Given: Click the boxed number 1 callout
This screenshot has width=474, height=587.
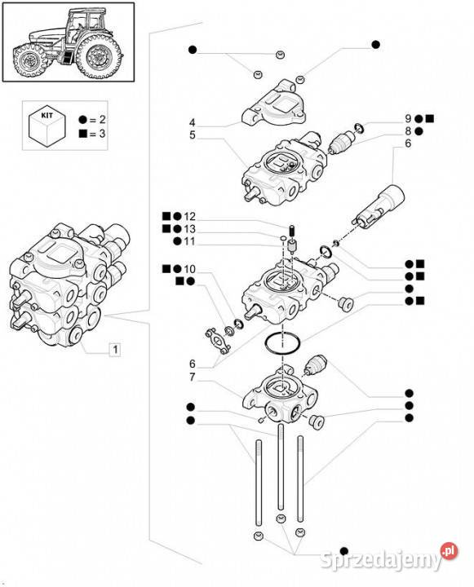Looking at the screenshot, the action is point(115,350).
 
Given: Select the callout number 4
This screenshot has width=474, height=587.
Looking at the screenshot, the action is point(193,122).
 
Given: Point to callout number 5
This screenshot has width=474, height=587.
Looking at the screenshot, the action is point(193,135).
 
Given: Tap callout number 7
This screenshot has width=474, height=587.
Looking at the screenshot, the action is point(193,377).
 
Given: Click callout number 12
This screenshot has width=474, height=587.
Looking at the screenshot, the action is point(190,216).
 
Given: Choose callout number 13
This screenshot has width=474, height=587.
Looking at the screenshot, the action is point(190,229).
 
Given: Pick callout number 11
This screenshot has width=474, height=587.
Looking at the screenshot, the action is point(190,241).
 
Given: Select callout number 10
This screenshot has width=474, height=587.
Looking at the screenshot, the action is point(190,269).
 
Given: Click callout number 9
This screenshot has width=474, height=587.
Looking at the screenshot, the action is point(408,119).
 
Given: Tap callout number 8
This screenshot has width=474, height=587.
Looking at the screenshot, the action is point(408,131).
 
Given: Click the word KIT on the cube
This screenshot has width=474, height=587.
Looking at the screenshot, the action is point(47,115).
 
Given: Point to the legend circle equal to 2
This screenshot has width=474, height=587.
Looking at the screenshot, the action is point(82,120).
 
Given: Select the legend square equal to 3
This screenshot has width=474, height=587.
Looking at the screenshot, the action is point(82,134).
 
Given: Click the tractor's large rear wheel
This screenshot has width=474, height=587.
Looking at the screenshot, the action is point(99,56).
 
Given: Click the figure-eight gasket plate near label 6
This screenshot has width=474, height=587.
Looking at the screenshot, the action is point(218,340).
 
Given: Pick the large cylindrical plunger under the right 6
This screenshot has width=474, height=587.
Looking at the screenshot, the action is point(379,207).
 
